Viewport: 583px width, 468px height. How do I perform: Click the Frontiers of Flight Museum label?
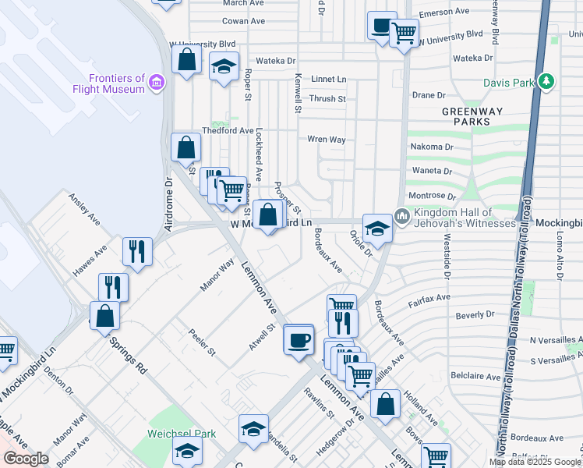tap(117, 83)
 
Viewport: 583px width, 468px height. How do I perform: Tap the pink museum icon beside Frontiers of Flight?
tap(157, 81)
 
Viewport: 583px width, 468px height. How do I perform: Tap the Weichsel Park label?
tap(171, 433)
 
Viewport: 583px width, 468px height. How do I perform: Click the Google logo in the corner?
tap(26, 459)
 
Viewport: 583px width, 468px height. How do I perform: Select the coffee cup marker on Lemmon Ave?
tap(299, 340)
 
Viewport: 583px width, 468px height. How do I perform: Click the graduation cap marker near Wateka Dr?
tap(224, 66)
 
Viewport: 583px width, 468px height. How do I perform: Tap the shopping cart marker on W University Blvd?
tap(404, 33)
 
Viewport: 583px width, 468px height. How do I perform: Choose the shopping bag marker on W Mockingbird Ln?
tap(267, 215)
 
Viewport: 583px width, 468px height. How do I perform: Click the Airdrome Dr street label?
tap(168, 205)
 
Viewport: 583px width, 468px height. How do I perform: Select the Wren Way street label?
tap(327, 140)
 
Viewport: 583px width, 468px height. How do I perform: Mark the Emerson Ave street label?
tap(444, 13)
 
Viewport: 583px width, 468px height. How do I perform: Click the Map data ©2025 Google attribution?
tap(535, 462)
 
